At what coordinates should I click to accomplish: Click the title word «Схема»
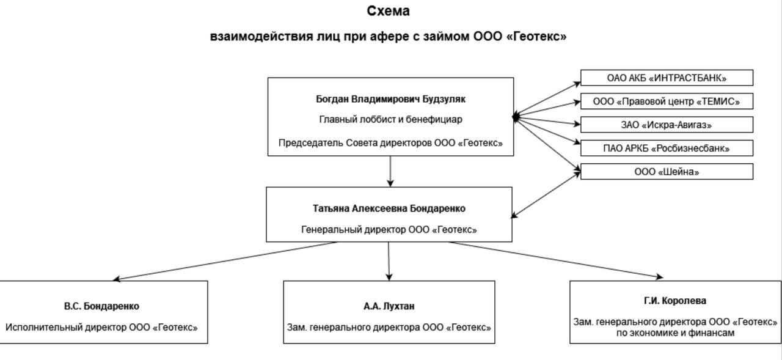(x=388, y=11)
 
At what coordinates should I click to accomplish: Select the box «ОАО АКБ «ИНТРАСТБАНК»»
(x=667, y=78)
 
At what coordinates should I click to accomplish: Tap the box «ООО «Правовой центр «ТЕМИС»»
(x=667, y=101)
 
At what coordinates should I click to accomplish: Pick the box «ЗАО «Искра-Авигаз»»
(x=667, y=125)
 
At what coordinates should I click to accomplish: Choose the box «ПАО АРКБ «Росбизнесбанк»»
(x=667, y=148)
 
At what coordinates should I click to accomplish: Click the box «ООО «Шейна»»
(x=667, y=172)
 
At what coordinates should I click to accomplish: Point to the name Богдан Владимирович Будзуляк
(x=390, y=99)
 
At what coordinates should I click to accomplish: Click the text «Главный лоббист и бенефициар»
(x=390, y=119)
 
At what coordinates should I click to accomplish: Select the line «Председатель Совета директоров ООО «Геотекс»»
(x=390, y=143)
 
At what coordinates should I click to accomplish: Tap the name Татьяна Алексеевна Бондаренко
(x=389, y=208)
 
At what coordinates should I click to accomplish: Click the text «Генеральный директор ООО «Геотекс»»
(x=389, y=230)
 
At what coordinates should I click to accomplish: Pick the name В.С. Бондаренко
(x=101, y=306)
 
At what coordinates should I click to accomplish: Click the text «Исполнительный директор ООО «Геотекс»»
(x=101, y=327)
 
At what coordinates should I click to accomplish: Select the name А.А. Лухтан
(x=389, y=306)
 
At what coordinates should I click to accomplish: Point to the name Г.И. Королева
(x=674, y=301)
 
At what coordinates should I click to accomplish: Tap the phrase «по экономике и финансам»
(x=674, y=333)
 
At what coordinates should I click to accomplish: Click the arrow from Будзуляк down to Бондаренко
(x=390, y=171)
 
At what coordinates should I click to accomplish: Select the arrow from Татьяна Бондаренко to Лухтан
(x=389, y=261)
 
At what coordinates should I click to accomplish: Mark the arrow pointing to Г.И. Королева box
(x=556, y=260)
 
